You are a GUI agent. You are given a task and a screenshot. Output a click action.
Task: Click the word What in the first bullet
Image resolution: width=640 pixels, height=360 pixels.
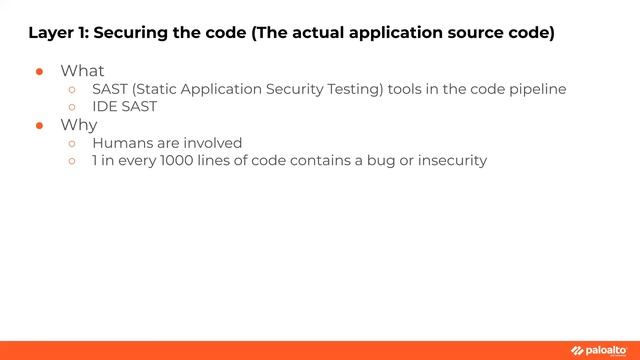pos(82,71)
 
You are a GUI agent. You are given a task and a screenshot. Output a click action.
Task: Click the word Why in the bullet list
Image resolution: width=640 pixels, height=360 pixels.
pos(78,125)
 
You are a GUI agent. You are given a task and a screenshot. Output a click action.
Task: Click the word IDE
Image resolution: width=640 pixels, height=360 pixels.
pos(104,106)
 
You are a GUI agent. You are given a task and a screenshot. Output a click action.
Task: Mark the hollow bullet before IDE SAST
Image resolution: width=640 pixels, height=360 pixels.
pos(72,107)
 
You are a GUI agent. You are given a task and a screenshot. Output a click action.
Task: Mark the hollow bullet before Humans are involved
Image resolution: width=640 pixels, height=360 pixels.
pos(72,144)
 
